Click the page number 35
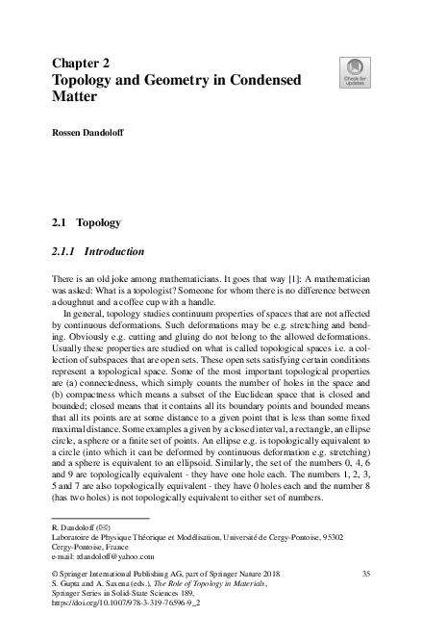[x=364, y=575]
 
